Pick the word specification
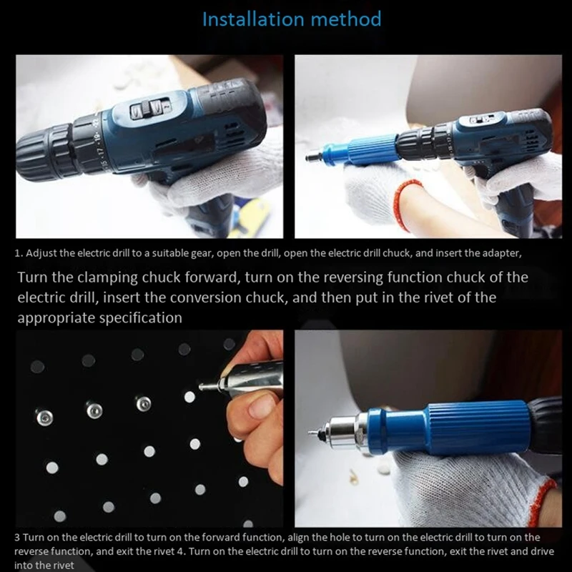pyautogui.click(x=133, y=317)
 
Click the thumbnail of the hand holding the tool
pyautogui.click(x=254, y=400)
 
